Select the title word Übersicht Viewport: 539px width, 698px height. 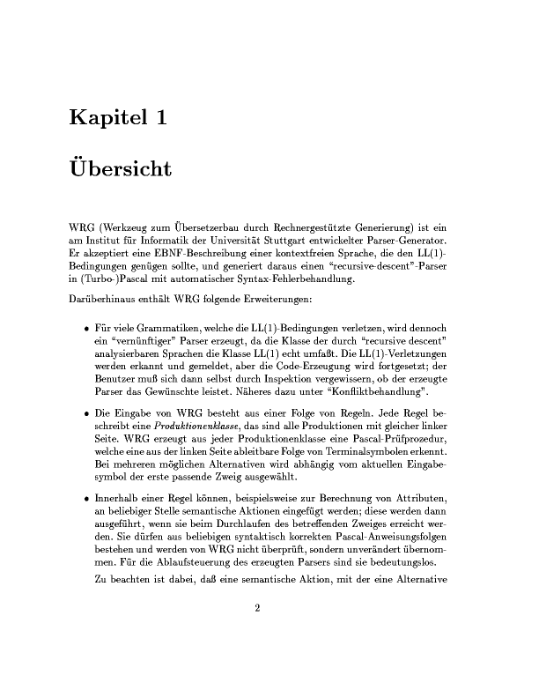[x=119, y=167]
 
